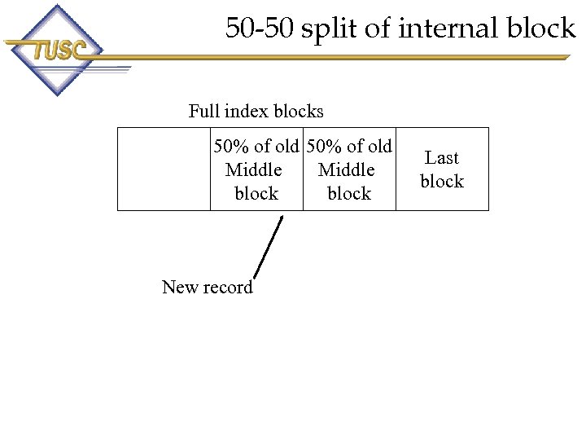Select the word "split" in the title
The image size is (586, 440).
pyautogui.click(x=326, y=29)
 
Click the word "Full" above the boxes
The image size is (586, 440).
pyautogui.click(x=203, y=112)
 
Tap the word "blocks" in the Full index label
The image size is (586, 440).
pyautogui.click(x=299, y=112)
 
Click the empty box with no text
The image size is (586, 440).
pyautogui.click(x=164, y=169)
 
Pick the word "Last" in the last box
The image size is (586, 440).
pyautogui.click(x=442, y=158)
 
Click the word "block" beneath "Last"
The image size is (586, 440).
pyautogui.click(x=442, y=182)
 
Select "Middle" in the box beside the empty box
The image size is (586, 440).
pyautogui.click(x=254, y=170)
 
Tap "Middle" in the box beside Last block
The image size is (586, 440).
pyautogui.click(x=347, y=170)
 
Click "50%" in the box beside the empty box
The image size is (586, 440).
pyautogui.click(x=231, y=147)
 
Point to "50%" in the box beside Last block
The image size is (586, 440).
pyautogui.click(x=325, y=147)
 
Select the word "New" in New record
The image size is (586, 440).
pyautogui.click(x=179, y=287)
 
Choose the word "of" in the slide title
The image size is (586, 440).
pyautogui.click(x=375, y=29)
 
